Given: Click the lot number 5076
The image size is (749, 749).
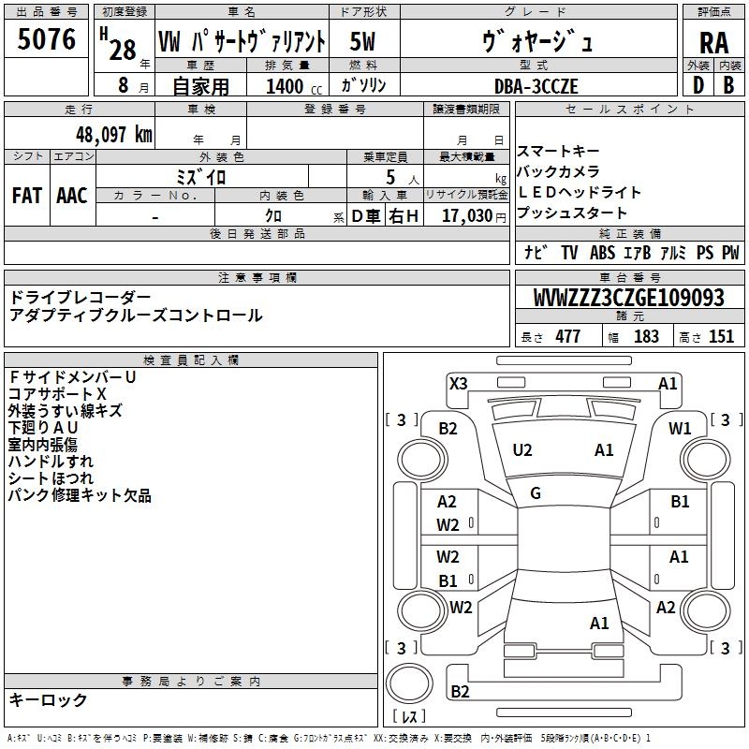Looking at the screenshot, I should point(47,39).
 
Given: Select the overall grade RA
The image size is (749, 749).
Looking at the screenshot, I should point(713,42).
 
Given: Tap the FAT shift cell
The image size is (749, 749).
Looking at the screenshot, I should point(26,196).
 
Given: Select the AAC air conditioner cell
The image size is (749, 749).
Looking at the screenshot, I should point(72,196).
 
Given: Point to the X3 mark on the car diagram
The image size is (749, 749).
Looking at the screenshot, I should point(459,382).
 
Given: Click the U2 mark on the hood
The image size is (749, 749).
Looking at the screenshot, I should point(522,450).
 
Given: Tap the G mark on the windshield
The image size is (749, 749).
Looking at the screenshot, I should point(536,493).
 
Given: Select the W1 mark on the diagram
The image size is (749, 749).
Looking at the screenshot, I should point(680,428).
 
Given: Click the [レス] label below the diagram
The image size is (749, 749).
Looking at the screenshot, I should point(408,717).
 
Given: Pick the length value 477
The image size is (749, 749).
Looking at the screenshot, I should point(567,337).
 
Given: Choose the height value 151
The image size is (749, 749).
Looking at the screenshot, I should point(721,337).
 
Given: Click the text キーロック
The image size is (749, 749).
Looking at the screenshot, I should point(48,700).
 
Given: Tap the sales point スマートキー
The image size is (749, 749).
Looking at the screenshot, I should point(560,151).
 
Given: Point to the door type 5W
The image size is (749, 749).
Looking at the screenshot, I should point(363,42).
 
